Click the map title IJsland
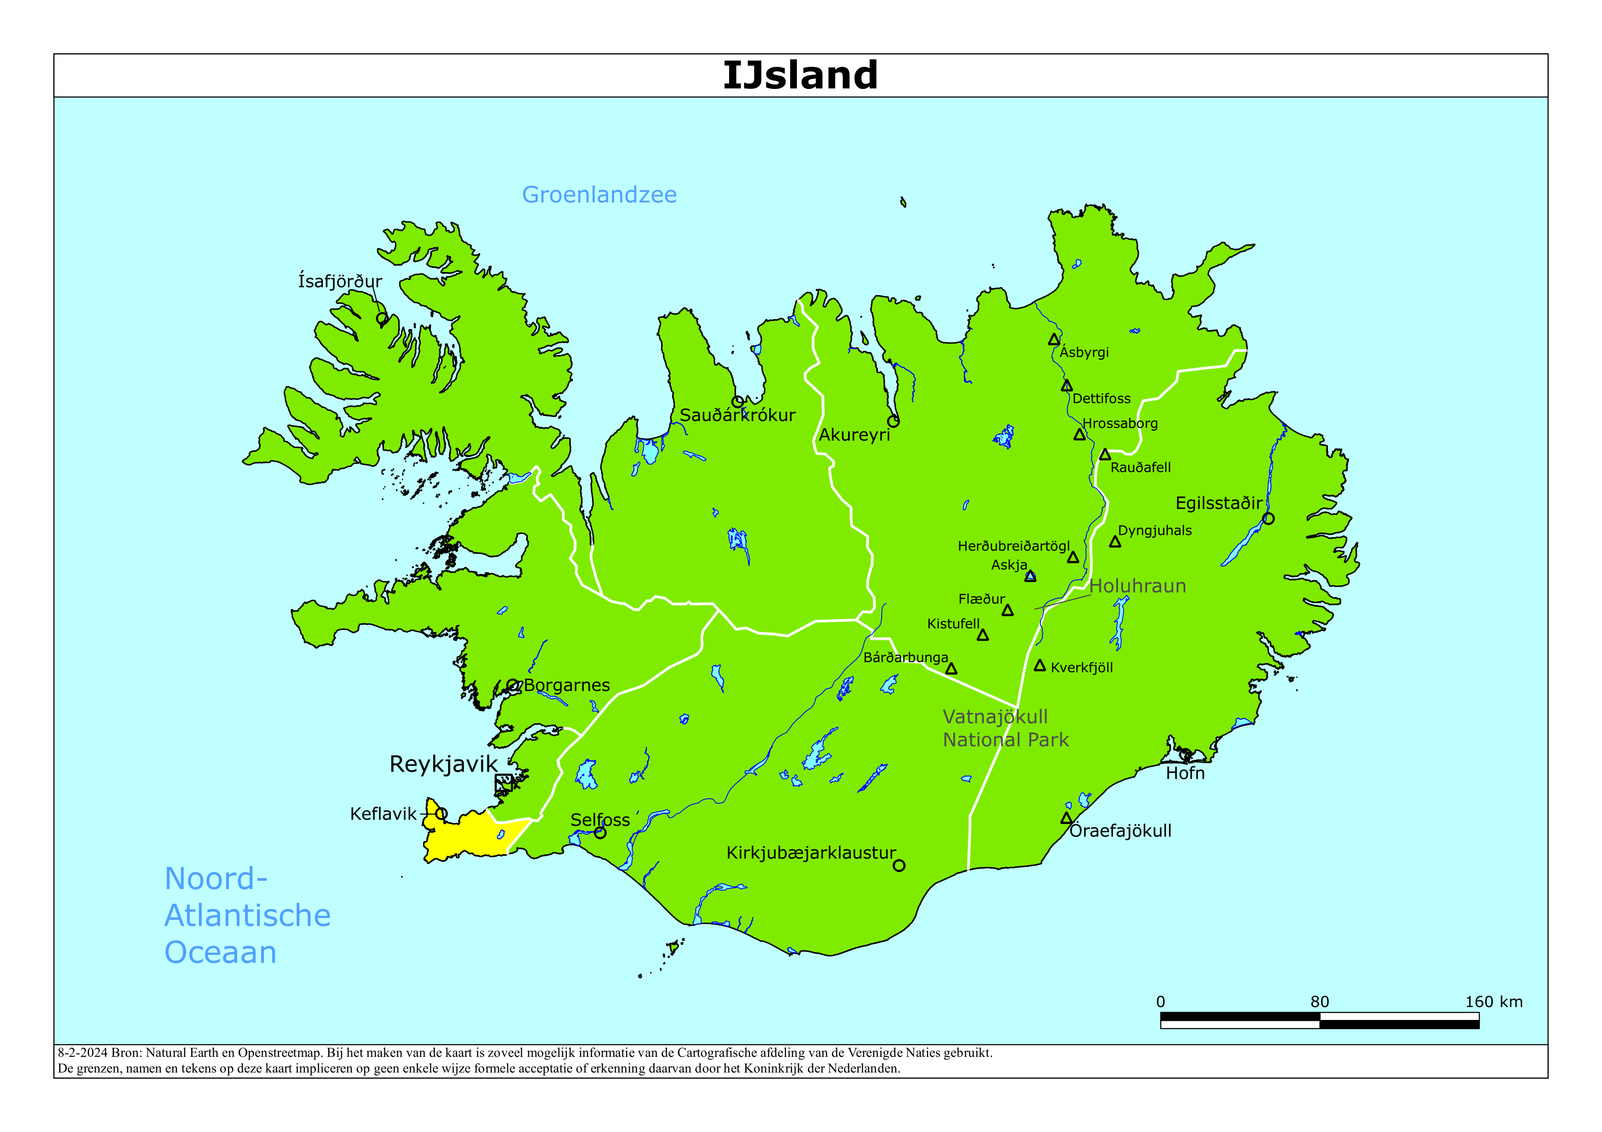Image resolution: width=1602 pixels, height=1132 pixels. tap(800, 75)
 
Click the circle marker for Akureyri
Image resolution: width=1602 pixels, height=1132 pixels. tap(893, 421)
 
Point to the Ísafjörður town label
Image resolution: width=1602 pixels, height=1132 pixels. tap(340, 281)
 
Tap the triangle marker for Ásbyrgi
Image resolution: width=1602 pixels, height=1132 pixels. tap(1053, 340)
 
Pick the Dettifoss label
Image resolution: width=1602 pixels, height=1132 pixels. tap(1101, 398)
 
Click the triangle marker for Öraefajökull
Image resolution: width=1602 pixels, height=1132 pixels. tap(1066, 818)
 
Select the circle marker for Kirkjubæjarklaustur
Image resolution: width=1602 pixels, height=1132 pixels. tap(899, 865)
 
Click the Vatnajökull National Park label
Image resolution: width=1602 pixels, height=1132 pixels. tap(1005, 728)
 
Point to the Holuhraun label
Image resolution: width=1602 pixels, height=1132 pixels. tap(1137, 586)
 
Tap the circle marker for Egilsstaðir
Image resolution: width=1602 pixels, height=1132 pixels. tap(1268, 518)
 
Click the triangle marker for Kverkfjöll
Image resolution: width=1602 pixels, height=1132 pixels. tap(1040, 665)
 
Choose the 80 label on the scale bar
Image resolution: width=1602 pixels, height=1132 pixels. tap(1320, 1002)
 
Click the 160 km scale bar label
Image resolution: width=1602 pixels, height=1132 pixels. tap(1493, 1002)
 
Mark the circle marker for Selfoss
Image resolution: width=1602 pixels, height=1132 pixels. tap(600, 833)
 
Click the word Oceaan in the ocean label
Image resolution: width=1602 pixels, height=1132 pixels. tap(221, 952)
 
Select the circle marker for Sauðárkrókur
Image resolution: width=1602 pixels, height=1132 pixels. tap(737, 402)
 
